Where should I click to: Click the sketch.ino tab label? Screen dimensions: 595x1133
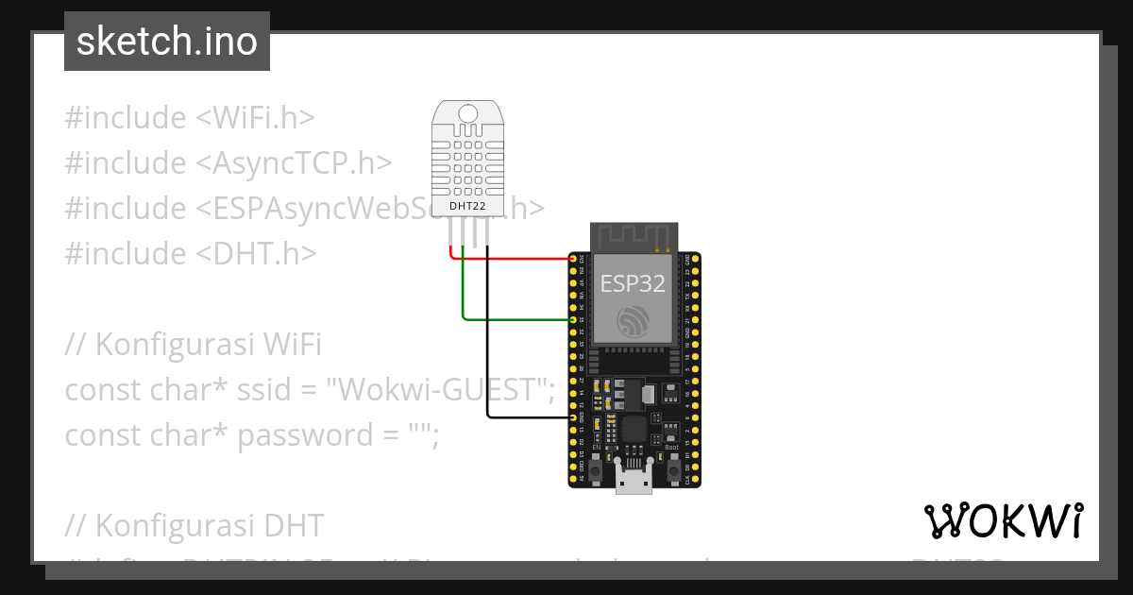click(166, 42)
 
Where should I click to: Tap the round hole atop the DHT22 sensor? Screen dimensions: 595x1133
click(468, 115)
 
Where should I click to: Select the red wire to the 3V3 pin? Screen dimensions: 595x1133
click(515, 258)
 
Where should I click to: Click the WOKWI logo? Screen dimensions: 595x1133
click(1003, 520)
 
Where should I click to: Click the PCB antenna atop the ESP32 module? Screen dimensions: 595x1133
click(634, 236)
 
